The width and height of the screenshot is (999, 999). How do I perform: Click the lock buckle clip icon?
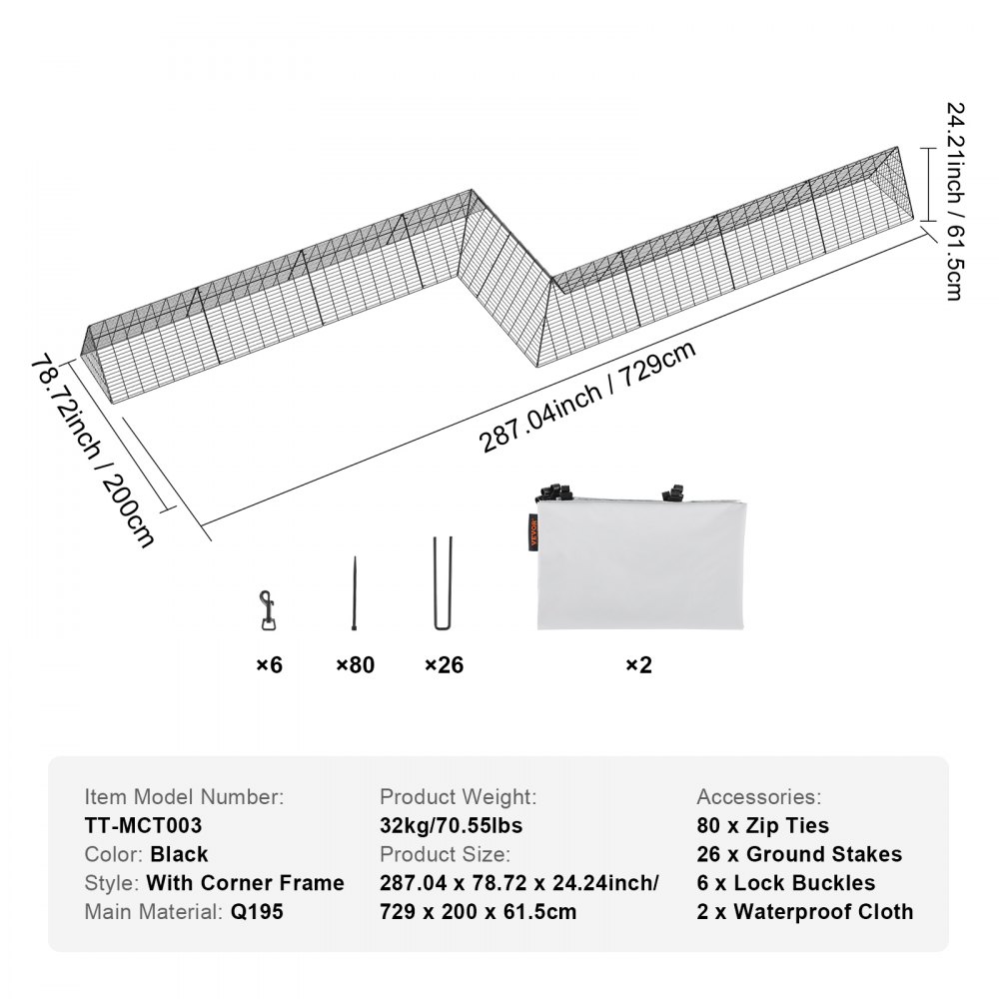266,610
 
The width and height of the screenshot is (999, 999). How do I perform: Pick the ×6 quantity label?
268,664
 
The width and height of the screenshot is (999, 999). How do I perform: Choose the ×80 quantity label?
355,664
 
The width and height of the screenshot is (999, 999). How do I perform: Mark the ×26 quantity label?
444,664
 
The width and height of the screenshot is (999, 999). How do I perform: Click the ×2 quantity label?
638,664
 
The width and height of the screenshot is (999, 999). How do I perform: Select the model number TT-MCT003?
144,825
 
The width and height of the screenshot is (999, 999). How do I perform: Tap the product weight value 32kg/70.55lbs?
452,825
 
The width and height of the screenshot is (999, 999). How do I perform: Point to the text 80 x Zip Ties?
763,825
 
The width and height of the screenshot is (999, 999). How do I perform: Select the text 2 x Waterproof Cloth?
805,911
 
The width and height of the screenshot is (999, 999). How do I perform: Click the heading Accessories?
758,796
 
